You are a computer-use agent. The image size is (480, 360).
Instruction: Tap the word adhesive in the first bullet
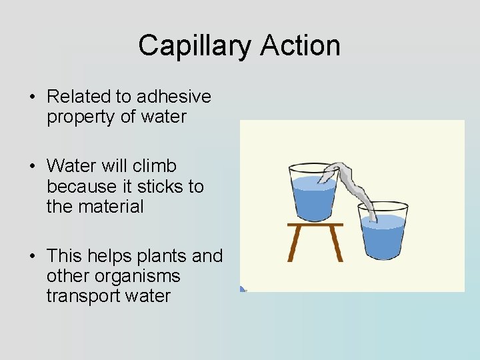[x=175, y=97]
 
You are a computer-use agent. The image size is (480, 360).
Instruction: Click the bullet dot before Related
[x=32, y=97]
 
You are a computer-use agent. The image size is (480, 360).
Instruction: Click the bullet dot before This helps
[x=32, y=257]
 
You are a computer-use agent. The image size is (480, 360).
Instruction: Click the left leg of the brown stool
[x=293, y=244]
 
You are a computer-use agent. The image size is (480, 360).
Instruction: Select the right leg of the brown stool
[x=336, y=244]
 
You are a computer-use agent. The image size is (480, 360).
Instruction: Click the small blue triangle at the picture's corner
[x=243, y=289]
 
